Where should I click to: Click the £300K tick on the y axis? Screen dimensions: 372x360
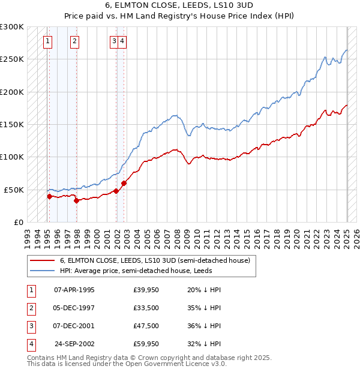tap(12, 27)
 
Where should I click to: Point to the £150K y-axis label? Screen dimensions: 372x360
tap(12, 124)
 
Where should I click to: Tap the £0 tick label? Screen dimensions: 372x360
tap(18, 222)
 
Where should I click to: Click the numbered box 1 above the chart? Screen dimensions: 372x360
tap(47, 41)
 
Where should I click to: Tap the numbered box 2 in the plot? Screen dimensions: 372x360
tap(74, 41)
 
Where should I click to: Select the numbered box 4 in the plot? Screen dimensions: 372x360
tap(122, 41)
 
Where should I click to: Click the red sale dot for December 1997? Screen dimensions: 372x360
tap(76, 201)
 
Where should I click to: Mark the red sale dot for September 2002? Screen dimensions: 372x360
tap(124, 183)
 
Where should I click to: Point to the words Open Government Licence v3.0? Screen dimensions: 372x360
tap(180, 363)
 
